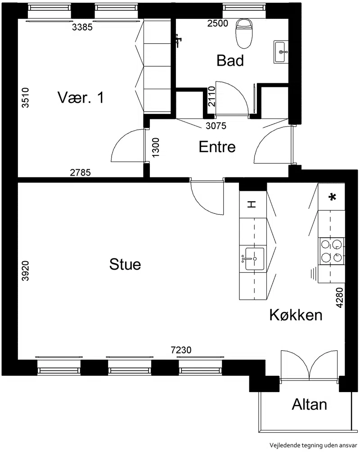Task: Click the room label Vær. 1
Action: tap(81, 97)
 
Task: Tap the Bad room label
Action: tap(230, 60)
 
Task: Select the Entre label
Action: tap(217, 147)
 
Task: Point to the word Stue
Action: tap(125, 264)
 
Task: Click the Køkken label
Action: tap(296, 315)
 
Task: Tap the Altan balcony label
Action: tap(309, 404)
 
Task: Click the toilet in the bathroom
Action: tap(243, 33)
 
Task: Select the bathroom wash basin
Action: tap(280, 52)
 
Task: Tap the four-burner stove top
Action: tap(331, 251)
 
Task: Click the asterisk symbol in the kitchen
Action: tap(333, 197)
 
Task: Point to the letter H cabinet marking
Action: tap(252, 204)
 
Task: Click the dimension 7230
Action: tap(181, 350)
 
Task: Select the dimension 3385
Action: tap(82, 27)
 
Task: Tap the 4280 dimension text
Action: tap(340, 298)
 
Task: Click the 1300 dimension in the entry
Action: tap(155, 148)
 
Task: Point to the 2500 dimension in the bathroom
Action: tap(218, 23)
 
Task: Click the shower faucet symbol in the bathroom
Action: tap(178, 40)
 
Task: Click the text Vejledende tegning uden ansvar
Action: tap(313, 445)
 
